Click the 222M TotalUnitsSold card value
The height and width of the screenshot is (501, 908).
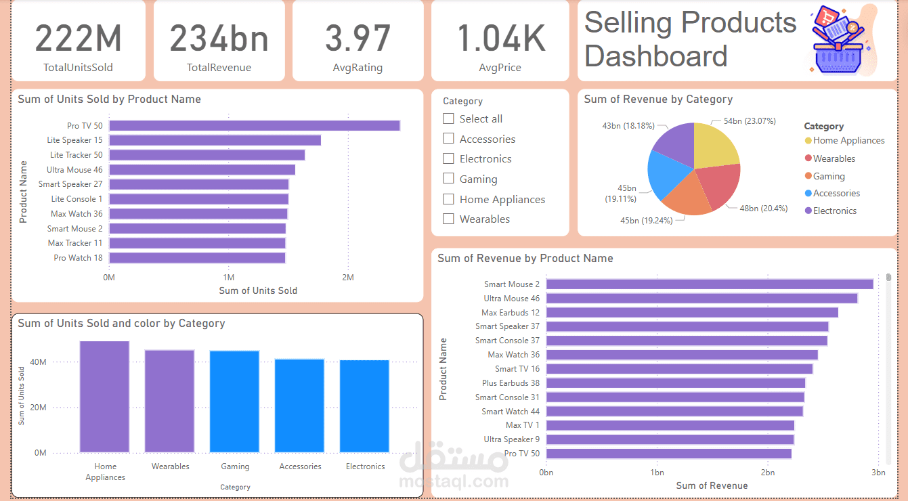click(79, 38)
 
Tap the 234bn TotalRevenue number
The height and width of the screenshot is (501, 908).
click(219, 38)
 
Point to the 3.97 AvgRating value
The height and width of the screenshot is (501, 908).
click(358, 38)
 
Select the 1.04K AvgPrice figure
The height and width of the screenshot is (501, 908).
click(501, 38)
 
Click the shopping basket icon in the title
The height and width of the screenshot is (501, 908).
click(838, 41)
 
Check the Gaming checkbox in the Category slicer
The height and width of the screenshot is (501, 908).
click(448, 178)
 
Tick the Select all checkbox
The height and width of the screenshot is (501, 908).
click(448, 118)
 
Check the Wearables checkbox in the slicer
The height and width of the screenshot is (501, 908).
click(448, 219)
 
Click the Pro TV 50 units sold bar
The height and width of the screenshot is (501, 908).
click(255, 126)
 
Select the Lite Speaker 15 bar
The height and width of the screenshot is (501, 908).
click(215, 140)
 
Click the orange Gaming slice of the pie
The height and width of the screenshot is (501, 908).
click(687, 197)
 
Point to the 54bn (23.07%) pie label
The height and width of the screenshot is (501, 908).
click(750, 121)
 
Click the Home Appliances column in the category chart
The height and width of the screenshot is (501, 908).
click(104, 397)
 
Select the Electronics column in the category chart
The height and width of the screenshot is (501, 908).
click(364, 406)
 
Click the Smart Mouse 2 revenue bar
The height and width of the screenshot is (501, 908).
click(710, 284)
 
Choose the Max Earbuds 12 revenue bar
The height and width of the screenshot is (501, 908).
click(692, 313)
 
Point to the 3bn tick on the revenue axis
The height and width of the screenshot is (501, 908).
click(878, 472)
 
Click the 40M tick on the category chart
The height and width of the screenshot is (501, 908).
click(38, 362)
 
